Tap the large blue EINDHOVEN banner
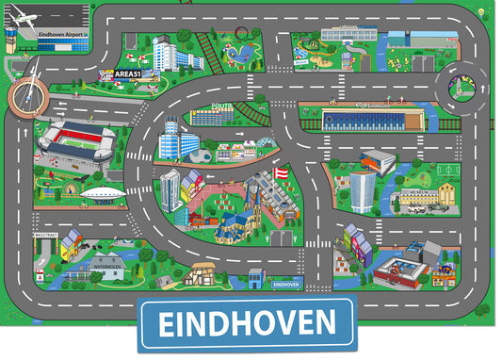(247, 323)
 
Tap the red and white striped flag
(280, 174)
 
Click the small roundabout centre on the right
(462, 89)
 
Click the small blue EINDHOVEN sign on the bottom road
(284, 283)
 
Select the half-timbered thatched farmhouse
(202, 273)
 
